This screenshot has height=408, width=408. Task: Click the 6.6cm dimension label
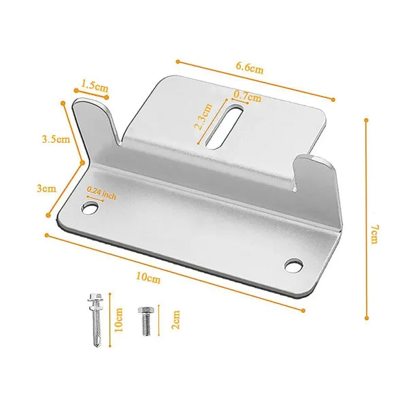tap(250, 68)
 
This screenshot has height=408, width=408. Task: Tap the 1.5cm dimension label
tap(95, 86)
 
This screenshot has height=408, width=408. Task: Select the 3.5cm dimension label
tap(56, 139)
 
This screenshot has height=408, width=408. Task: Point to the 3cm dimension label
tap(46, 188)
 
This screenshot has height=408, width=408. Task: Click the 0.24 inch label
tap(101, 192)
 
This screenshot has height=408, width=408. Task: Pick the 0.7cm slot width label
tap(248, 96)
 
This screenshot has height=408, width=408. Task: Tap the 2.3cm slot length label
tap(203, 116)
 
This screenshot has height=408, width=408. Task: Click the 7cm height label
tap(374, 235)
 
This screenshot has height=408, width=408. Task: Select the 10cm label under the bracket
tap(148, 277)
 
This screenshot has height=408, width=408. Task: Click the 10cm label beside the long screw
tap(118, 320)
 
